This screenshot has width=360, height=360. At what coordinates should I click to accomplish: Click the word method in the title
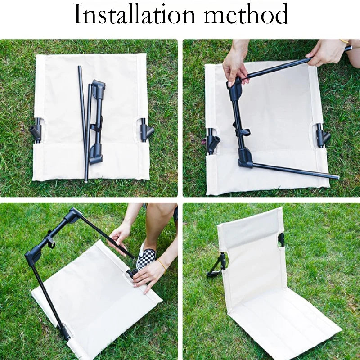(x=246, y=14)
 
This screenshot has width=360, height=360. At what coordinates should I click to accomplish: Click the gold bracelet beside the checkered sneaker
(x=162, y=265)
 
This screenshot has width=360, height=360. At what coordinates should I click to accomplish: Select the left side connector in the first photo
(x=36, y=131)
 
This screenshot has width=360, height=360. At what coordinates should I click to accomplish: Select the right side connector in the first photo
(x=146, y=130)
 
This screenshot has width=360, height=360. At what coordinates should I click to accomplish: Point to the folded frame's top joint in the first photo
(x=98, y=88)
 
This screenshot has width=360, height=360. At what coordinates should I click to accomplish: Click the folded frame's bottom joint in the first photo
(x=96, y=153)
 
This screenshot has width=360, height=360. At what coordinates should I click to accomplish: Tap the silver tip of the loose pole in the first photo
(x=86, y=182)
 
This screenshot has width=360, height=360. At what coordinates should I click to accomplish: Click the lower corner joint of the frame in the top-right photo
(x=245, y=158)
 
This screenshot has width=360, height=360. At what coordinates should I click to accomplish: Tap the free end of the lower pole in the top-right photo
(x=337, y=177)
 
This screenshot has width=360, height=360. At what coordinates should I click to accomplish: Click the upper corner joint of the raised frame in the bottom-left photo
(x=73, y=215)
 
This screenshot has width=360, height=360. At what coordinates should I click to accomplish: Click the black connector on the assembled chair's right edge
(x=281, y=240)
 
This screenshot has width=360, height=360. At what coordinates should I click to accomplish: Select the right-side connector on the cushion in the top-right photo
(x=323, y=136)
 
